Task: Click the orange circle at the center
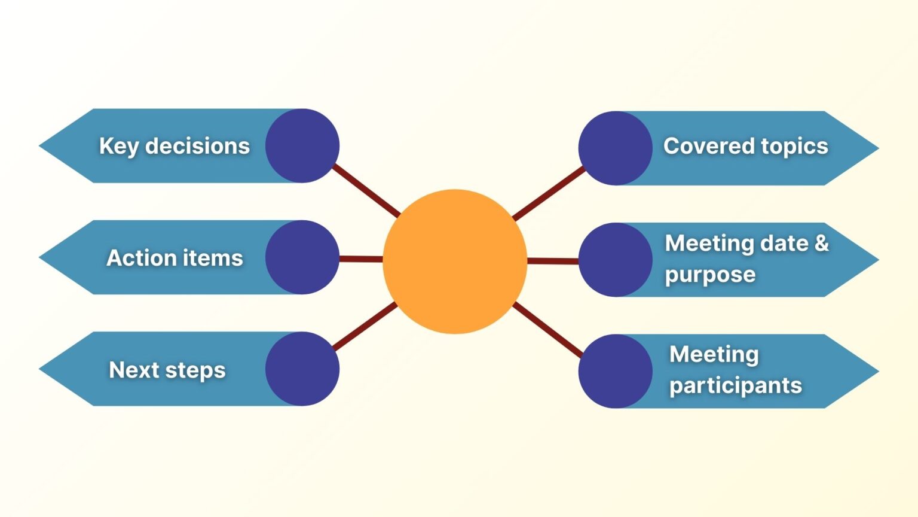point(455,261)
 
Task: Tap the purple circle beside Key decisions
point(302,145)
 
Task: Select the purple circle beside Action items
point(302,257)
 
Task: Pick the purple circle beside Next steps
point(302,369)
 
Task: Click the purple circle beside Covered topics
point(615,148)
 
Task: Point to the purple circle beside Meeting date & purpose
point(615,260)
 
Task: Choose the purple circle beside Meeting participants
point(615,371)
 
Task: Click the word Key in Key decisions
point(118,147)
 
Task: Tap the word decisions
point(197,146)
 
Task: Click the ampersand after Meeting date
point(822,243)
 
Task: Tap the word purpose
point(710,275)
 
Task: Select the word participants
point(735,386)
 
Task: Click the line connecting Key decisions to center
point(366,190)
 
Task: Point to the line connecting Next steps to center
point(365,326)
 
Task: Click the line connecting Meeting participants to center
point(547,330)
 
